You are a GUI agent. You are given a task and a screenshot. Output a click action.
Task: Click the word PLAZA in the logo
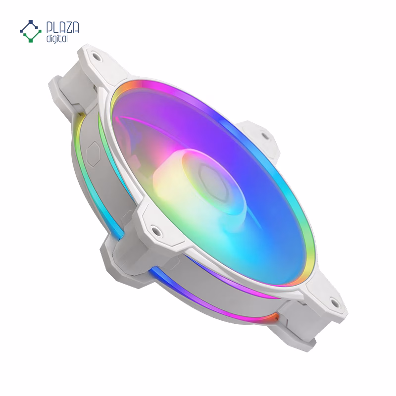tap(63, 28)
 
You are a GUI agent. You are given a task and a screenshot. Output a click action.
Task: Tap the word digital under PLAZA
tap(57, 39)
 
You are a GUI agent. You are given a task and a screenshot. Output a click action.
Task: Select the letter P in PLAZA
tap(50, 28)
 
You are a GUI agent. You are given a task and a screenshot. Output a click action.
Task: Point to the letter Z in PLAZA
tap(69, 28)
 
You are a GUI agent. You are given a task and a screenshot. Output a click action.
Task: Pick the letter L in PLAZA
tap(56, 28)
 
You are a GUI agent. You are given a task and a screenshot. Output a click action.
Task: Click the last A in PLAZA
tap(76, 28)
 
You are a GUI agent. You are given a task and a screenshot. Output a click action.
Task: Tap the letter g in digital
tap(54, 40)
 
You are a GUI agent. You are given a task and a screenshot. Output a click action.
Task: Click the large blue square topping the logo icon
tap(31, 22)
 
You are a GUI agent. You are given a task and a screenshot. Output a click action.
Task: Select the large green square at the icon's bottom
tap(31, 40)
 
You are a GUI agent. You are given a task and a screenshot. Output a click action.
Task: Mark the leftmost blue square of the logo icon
tap(21, 31)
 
